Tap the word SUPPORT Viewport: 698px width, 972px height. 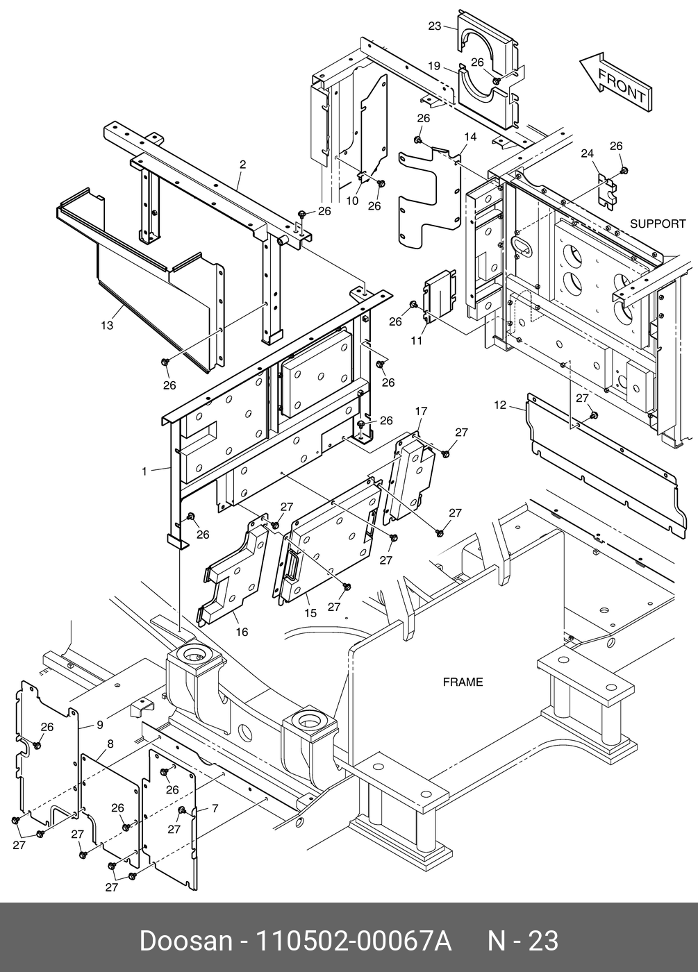tap(657, 224)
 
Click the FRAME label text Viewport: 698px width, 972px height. tap(463, 682)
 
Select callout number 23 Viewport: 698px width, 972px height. tap(435, 26)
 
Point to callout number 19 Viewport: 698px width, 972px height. tap(434, 67)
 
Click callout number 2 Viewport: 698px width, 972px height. tap(242, 165)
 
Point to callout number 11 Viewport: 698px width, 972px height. tap(416, 341)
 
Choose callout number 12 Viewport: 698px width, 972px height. tap(501, 405)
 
